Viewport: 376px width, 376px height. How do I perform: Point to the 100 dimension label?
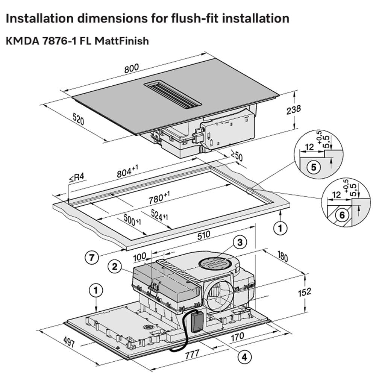point(140,257)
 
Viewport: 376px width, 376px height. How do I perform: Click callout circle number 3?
point(240,243)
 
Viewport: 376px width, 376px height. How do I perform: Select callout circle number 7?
point(92,258)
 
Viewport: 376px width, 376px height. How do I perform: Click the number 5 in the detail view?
point(314,167)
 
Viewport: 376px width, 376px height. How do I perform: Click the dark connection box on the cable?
point(196,322)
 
